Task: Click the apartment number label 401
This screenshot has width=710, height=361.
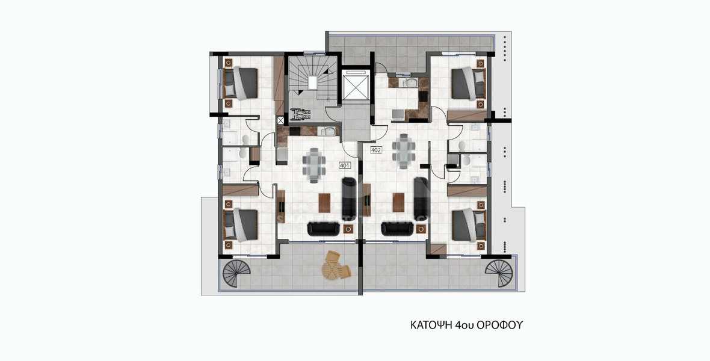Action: click(345, 165)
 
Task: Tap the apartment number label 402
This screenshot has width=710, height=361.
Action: click(377, 150)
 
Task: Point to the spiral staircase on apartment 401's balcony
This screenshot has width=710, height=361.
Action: click(236, 274)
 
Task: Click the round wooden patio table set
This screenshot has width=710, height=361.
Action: click(333, 265)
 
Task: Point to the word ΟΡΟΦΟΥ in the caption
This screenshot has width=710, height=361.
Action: click(500, 325)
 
